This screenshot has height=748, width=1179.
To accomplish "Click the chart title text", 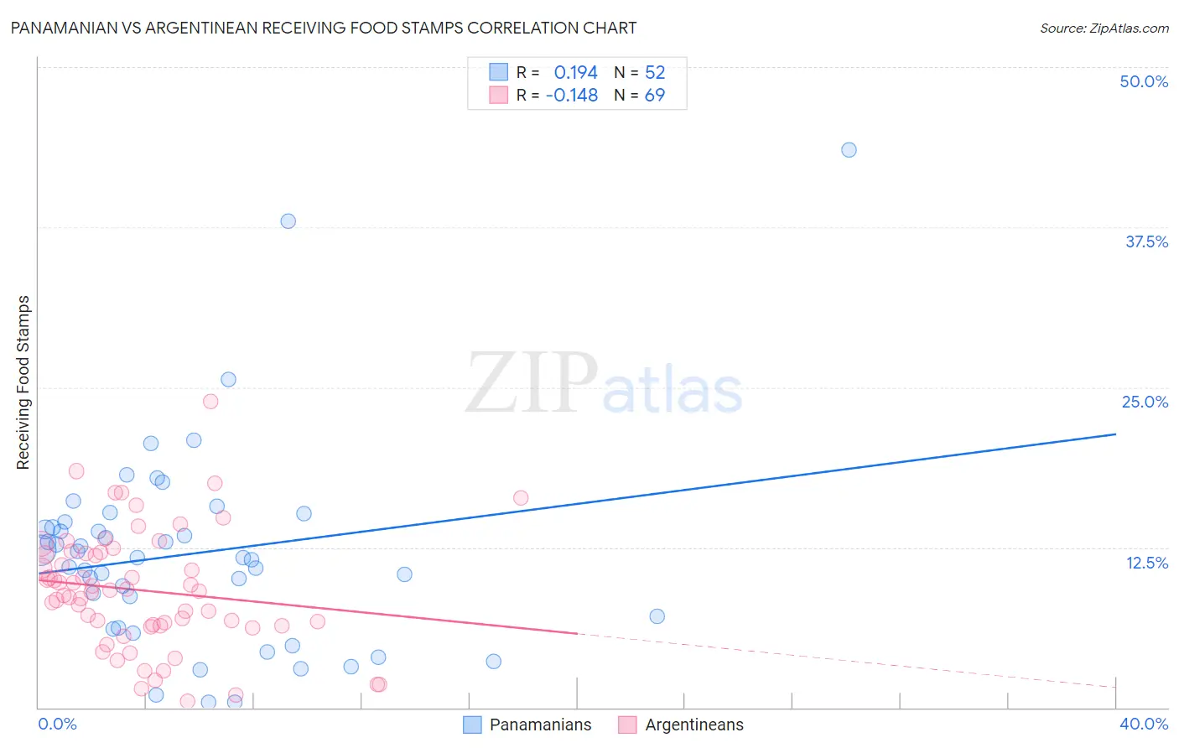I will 324,28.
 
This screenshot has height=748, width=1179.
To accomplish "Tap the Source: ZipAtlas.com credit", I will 1104,29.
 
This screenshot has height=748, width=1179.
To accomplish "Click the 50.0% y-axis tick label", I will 1144,81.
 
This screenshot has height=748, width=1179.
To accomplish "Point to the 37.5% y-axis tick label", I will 1146,242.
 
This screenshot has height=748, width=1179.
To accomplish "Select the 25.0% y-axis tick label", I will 1145,402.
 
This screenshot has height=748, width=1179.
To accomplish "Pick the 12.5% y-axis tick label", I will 1146,563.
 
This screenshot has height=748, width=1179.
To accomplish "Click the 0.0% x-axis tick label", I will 57,724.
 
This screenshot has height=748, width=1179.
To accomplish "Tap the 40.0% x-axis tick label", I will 1144,724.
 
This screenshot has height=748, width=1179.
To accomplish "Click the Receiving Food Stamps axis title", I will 23,382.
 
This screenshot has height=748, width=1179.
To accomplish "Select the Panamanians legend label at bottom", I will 540,725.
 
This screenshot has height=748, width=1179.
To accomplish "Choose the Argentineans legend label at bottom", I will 693,725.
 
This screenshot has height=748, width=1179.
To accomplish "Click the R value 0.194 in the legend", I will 575,73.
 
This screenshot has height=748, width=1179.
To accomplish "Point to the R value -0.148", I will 571,96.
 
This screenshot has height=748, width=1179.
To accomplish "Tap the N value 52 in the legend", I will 655,73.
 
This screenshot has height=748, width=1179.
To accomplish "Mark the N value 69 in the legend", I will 655,96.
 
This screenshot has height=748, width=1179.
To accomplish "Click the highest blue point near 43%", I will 849,150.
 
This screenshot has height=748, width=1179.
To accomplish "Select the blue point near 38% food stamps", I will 288,221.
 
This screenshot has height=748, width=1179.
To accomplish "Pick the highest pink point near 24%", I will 210,402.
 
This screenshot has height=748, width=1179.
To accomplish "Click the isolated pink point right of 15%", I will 521,498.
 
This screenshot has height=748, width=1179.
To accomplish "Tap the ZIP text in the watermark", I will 532,383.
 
